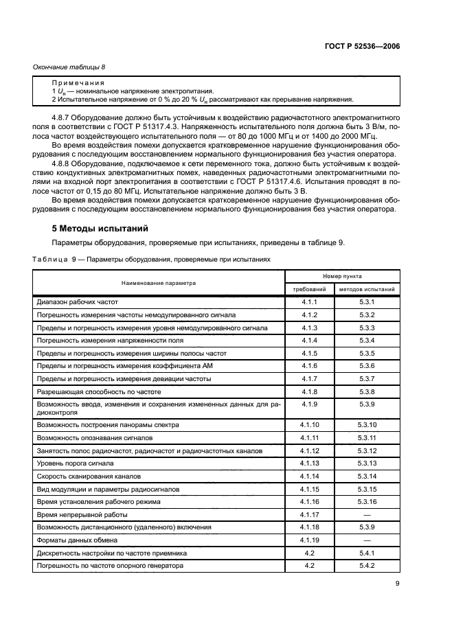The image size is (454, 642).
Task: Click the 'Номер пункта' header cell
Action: click(x=342, y=275)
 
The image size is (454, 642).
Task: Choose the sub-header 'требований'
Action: click(x=309, y=290)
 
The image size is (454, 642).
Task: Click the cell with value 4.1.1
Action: click(x=309, y=302)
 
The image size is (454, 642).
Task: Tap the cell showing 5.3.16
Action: click(x=367, y=502)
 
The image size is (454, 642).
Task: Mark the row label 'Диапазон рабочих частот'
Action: click(x=78, y=302)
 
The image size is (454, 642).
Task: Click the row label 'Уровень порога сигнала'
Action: click(x=75, y=464)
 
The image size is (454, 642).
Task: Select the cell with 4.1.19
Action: click(x=309, y=540)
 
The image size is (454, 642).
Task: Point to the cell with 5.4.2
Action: click(x=367, y=564)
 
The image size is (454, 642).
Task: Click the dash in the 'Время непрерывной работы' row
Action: click(x=367, y=514)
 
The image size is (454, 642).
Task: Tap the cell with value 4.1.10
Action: click(x=309, y=426)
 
